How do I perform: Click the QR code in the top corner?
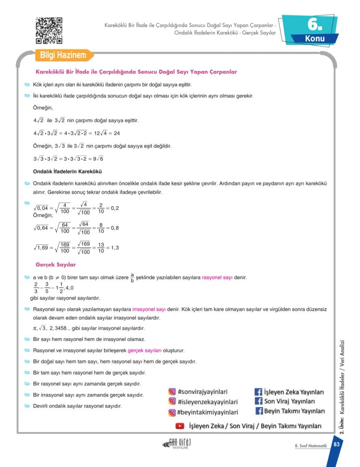(x=49, y=30)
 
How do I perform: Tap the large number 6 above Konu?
(x=314, y=25)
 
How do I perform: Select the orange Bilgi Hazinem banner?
(x=63, y=56)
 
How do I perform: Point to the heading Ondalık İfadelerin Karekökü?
(x=67, y=171)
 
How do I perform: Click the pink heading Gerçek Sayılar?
(x=56, y=264)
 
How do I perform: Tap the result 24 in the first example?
(x=117, y=133)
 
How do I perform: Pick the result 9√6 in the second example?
(x=98, y=158)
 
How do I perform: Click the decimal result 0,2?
(x=115, y=208)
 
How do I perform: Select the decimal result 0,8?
(x=115, y=228)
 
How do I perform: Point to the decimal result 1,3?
(x=115, y=248)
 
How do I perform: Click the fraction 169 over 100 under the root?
(x=64, y=248)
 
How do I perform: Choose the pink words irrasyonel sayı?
(x=149, y=309)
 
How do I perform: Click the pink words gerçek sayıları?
(x=144, y=350)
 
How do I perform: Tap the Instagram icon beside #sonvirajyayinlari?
(x=172, y=392)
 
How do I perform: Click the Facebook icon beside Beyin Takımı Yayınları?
(x=258, y=411)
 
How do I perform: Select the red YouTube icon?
(x=180, y=426)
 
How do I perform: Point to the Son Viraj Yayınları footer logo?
(x=177, y=443)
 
